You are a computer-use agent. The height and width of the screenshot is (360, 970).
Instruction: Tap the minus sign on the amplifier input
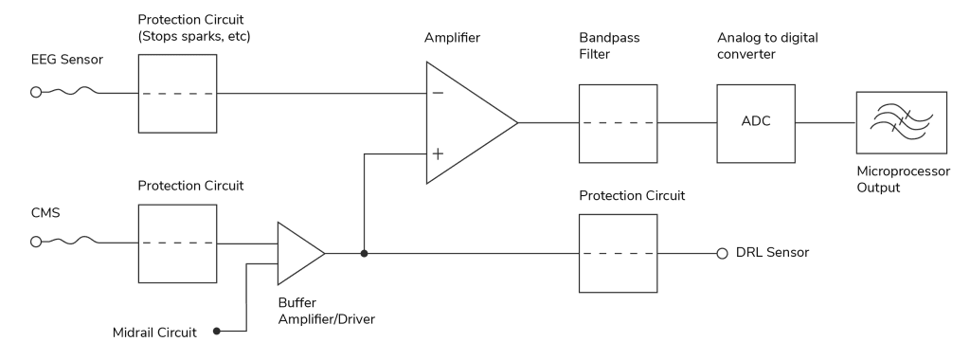tap(438, 94)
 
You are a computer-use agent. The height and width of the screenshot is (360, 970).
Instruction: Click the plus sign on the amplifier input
tap(438, 153)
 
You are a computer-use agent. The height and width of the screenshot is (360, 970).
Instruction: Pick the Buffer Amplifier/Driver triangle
tap(296, 253)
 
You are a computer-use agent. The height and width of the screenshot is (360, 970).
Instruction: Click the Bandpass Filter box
tap(617, 122)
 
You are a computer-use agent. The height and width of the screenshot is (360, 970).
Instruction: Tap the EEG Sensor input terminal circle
tap(36, 94)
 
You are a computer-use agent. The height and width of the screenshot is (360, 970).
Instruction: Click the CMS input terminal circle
tap(36, 242)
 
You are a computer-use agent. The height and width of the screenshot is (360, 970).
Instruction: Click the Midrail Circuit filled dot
tap(217, 332)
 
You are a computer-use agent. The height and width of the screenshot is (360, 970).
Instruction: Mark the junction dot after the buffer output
tap(364, 254)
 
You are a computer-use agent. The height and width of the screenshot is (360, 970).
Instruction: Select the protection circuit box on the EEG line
tap(177, 94)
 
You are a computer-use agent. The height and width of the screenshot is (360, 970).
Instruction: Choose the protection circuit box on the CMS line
tap(177, 242)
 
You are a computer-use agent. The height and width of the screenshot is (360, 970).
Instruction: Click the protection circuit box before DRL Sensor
tap(617, 254)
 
